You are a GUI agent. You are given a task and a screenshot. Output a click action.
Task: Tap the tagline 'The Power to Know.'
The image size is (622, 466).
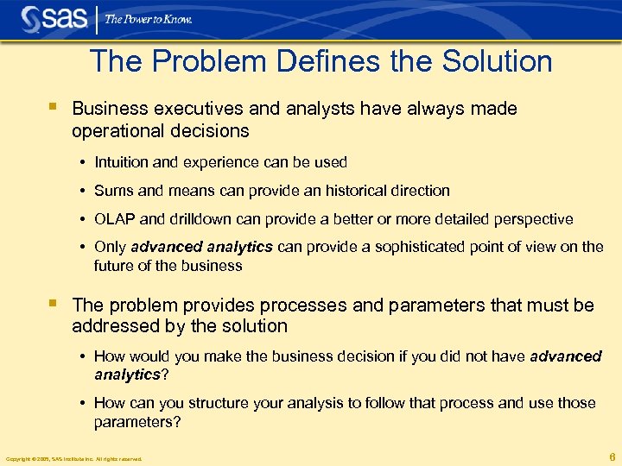[148, 18]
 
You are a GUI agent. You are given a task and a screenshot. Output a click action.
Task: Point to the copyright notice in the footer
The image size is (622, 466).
[73, 458]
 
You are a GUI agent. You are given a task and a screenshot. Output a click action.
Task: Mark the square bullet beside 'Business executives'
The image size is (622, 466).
[54, 108]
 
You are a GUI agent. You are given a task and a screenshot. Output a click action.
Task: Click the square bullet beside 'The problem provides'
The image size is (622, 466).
[54, 303]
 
